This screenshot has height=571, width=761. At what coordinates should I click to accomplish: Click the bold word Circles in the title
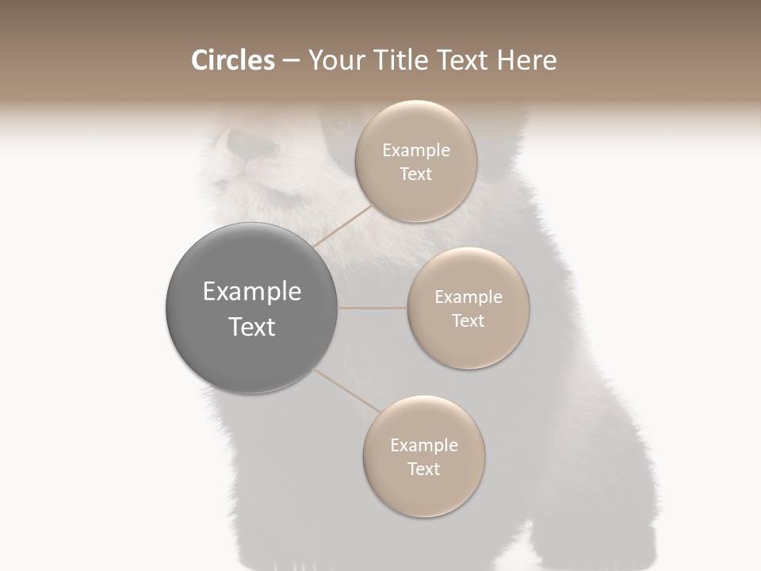tap(232, 60)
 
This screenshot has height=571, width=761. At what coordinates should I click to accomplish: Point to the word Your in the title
tap(336, 60)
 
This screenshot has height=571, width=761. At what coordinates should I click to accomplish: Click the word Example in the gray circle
tap(251, 292)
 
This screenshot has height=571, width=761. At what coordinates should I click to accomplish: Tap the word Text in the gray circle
tap(251, 327)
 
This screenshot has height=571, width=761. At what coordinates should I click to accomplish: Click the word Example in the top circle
tap(415, 151)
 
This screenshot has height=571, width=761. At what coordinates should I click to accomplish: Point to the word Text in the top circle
tap(415, 174)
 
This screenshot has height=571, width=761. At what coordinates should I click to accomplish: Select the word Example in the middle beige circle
tap(468, 297)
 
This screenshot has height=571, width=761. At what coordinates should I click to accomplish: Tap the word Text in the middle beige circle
tap(468, 321)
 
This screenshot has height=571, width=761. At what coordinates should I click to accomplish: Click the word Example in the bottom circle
tap(423, 446)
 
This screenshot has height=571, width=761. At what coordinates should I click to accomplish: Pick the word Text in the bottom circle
tap(423, 469)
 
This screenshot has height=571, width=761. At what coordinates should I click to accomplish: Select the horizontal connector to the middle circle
tap(373, 308)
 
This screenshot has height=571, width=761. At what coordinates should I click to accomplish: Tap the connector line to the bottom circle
tap(347, 390)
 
